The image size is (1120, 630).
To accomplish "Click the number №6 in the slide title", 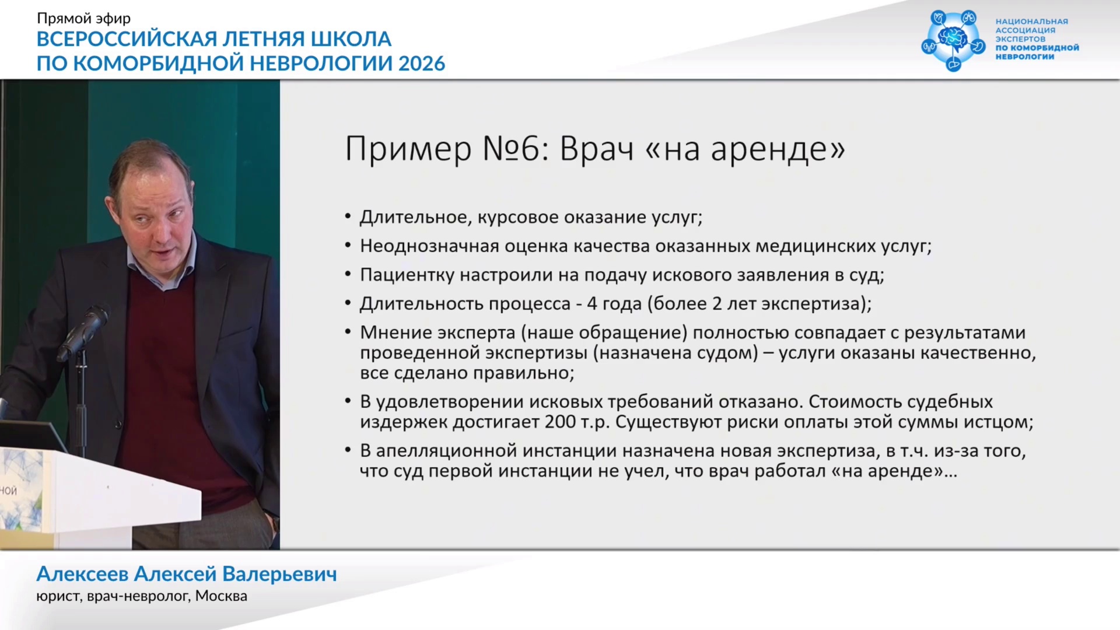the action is click(513, 149).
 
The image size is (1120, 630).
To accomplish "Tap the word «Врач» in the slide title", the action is click(597, 149).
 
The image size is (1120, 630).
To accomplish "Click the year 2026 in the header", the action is click(422, 63).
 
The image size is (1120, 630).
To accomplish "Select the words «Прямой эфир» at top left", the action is click(84, 18).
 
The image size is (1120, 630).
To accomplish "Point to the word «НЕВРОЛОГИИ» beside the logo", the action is click(1025, 57).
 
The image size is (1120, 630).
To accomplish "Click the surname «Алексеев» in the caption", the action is click(82, 574).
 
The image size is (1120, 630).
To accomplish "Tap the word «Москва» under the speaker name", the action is click(221, 596).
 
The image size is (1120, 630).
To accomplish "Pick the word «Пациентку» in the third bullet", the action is click(407, 275).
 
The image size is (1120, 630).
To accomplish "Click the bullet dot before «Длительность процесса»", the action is click(348, 303).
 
